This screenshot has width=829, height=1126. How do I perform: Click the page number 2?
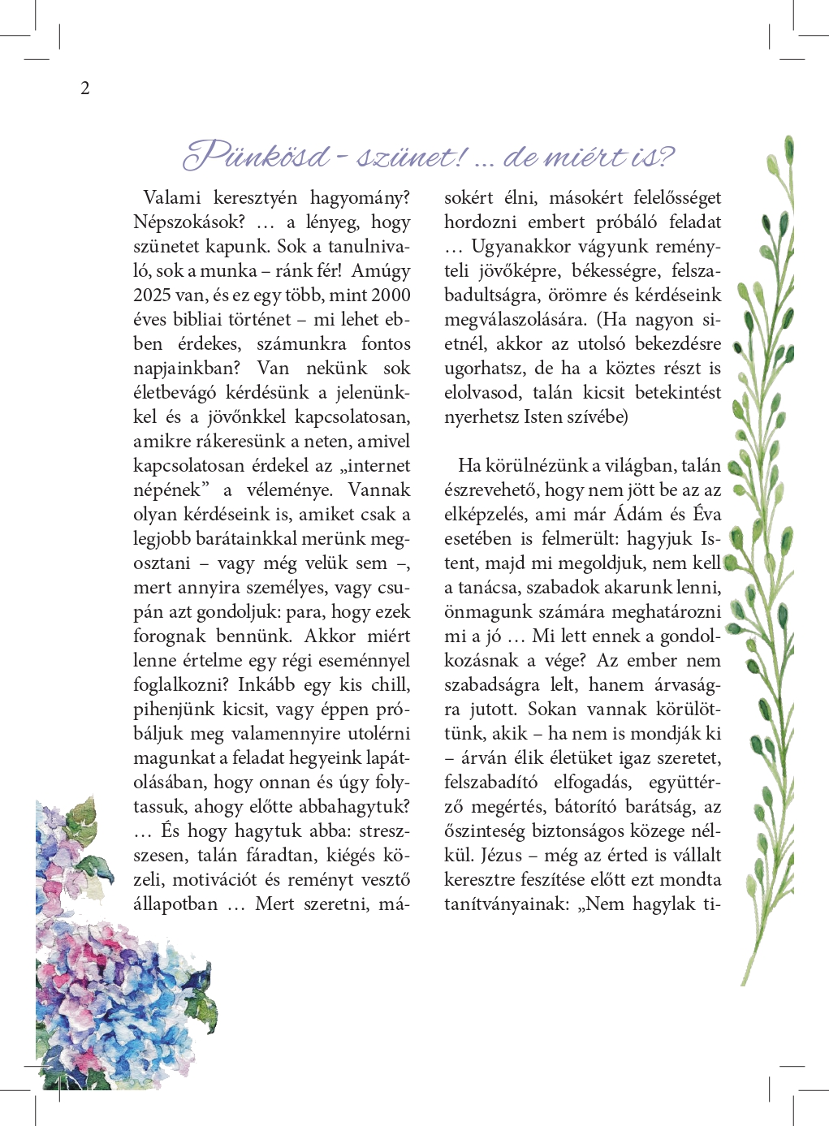pyautogui.click(x=85, y=88)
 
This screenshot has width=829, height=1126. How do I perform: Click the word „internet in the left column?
pyautogui.click(x=375, y=466)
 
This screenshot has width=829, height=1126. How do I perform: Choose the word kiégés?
pyautogui.click(x=351, y=856)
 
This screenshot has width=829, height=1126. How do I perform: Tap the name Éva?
pyautogui.click(x=706, y=515)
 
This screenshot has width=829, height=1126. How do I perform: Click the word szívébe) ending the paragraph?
pyautogui.click(x=598, y=417)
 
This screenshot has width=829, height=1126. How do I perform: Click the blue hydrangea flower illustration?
pyautogui.click(x=122, y=1007)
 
